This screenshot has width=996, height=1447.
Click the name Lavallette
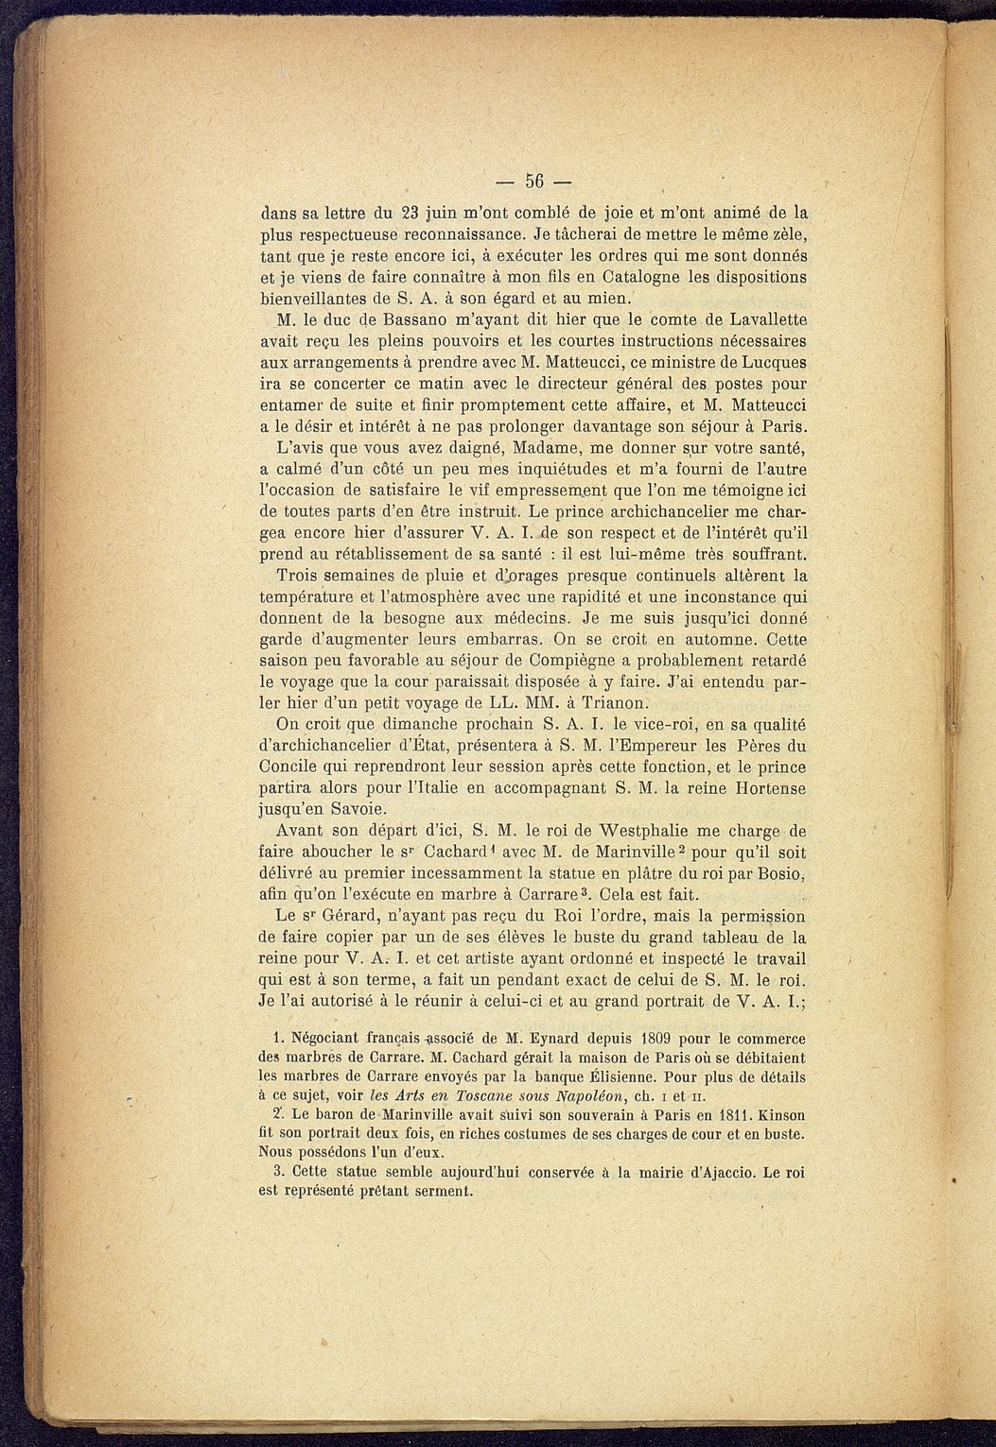pyautogui.click(x=760, y=320)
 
